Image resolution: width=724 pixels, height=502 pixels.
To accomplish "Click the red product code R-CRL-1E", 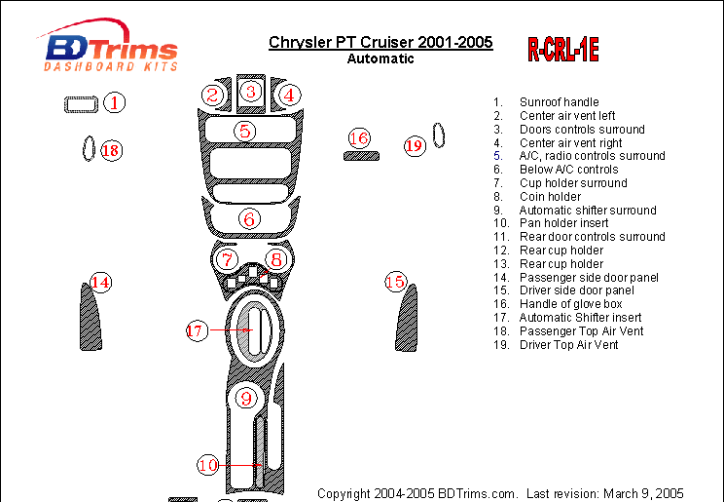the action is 563,50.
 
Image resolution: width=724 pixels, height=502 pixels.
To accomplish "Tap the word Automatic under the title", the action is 380,58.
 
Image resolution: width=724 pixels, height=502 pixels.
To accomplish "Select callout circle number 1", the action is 114,102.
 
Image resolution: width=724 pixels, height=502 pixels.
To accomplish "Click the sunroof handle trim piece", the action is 81,104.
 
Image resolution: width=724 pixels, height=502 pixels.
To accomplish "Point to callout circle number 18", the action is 111,150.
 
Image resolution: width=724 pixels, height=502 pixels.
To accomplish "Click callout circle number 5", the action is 244,131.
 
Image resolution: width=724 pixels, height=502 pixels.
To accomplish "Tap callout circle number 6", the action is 249,218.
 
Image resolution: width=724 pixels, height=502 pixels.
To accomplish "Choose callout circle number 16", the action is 359,138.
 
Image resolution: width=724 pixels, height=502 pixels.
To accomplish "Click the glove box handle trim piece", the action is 362,156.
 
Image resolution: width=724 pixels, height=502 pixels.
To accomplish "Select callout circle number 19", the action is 415,145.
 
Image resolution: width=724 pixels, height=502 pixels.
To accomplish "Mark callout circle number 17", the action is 198,330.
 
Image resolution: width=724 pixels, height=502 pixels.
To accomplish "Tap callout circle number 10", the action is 208,465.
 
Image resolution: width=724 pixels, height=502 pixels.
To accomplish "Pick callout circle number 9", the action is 246,398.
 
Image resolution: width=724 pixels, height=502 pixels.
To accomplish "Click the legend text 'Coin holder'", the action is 550,197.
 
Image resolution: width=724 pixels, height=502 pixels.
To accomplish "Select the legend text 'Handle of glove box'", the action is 570,304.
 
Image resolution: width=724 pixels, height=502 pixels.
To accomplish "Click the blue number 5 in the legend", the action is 497,156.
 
